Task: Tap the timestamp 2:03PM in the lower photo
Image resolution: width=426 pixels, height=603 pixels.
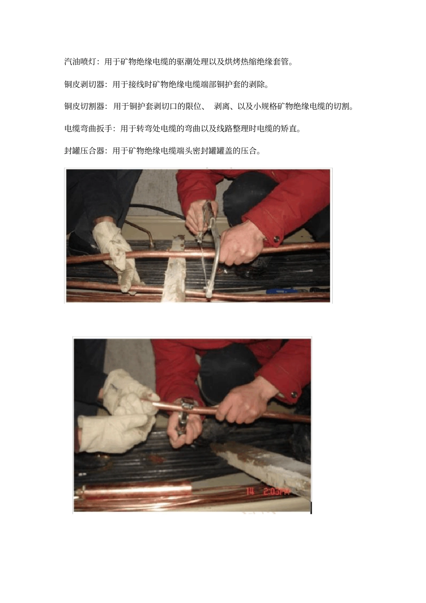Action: (x=276, y=491)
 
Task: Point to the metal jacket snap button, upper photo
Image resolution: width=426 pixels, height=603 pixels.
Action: (x=276, y=239)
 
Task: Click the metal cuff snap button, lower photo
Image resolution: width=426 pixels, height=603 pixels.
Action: (x=294, y=395)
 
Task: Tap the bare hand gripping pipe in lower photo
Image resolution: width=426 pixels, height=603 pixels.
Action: (x=242, y=403)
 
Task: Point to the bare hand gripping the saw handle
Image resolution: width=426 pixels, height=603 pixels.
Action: (x=238, y=247)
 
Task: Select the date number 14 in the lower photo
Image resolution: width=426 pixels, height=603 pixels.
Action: (x=250, y=491)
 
